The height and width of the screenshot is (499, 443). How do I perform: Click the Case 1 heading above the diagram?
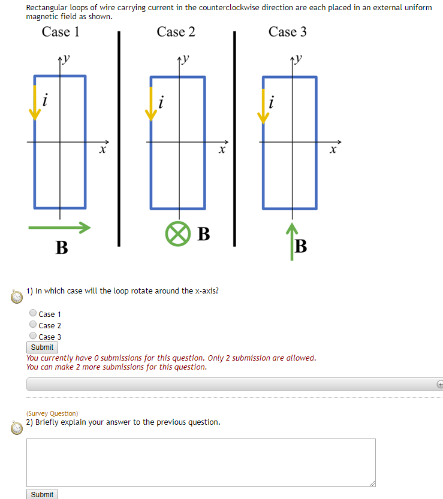pyautogui.click(x=61, y=32)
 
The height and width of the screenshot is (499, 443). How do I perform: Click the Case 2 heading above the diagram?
pyautogui.click(x=176, y=32)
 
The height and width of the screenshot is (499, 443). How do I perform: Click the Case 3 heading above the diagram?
pyautogui.click(x=287, y=32)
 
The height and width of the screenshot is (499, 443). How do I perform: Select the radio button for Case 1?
pyautogui.click(x=33, y=313)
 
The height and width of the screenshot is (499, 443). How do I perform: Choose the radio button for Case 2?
pyautogui.click(x=33, y=325)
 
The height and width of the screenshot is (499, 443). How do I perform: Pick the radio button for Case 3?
pyautogui.click(x=33, y=336)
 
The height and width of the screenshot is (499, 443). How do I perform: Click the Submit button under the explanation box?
pyautogui.click(x=42, y=494)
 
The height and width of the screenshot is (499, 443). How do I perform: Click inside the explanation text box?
pyautogui.click(x=201, y=462)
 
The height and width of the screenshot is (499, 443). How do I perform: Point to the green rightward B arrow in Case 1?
pyautogui.click(x=59, y=227)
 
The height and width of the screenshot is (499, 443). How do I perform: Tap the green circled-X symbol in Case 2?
pyautogui.click(x=176, y=234)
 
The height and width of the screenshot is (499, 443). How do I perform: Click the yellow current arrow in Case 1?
pyautogui.click(x=35, y=102)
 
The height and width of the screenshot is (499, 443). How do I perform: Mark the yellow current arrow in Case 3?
pyautogui.click(x=263, y=105)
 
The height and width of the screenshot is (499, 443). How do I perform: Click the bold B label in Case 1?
pyautogui.click(x=61, y=247)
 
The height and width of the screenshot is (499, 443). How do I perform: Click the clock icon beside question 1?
pyautogui.click(x=17, y=297)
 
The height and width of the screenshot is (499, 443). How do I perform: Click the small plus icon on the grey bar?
pyautogui.click(x=439, y=384)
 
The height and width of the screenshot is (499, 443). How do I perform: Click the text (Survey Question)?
pyautogui.click(x=52, y=413)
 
